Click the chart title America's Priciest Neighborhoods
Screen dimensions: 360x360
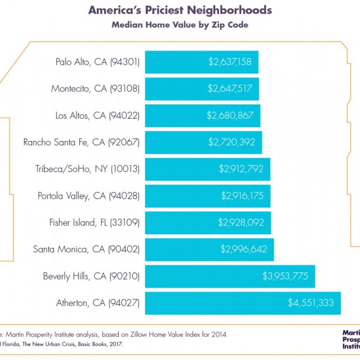click(x=180, y=10)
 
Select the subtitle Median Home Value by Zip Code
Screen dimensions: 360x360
click(x=180, y=25)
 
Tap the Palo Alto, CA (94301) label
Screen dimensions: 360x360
click(x=98, y=62)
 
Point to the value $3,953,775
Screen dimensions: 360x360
click(x=285, y=276)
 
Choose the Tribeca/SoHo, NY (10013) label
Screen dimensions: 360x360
click(x=88, y=169)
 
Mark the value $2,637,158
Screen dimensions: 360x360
click(x=230, y=62)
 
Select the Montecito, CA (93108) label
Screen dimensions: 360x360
click(x=95, y=89)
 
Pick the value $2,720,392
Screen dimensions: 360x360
click(x=232, y=142)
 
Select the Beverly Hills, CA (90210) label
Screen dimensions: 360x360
click(x=91, y=276)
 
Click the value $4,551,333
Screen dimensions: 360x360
click(x=311, y=303)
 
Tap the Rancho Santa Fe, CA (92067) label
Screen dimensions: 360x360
click(x=81, y=142)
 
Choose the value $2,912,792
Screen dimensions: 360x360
click(x=241, y=169)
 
